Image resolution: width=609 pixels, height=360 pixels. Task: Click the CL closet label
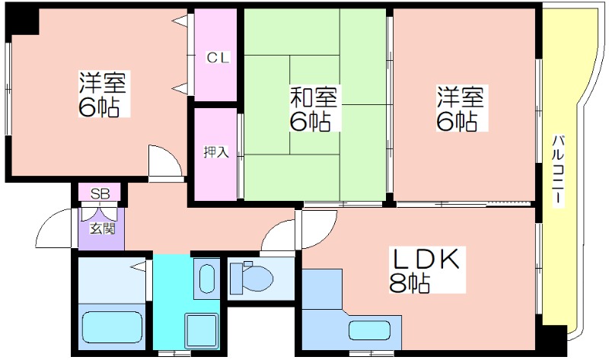click(x=218, y=58)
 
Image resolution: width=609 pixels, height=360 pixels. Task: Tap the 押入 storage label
click(x=216, y=152)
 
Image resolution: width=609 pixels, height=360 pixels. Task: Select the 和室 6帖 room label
click(x=314, y=108)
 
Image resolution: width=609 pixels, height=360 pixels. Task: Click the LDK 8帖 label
click(x=427, y=270)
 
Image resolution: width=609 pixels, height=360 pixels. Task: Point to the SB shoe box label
click(x=100, y=193)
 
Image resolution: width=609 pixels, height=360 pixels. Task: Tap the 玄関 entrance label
click(x=103, y=228)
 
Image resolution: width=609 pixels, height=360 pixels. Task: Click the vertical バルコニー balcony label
click(x=558, y=170)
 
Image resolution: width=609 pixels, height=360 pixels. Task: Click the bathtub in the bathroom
click(x=112, y=327)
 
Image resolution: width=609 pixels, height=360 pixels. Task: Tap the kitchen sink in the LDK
click(x=369, y=330)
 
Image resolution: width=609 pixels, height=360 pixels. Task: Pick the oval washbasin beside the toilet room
click(x=206, y=278)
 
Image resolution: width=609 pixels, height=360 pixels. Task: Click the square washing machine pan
click(x=201, y=331)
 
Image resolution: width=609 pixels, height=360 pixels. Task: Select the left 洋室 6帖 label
click(x=103, y=94)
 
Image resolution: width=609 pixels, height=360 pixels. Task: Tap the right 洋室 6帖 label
click(x=461, y=108)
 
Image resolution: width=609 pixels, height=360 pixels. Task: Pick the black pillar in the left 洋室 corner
click(x=23, y=21)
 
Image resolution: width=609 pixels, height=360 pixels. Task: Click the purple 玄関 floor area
click(x=101, y=229)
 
